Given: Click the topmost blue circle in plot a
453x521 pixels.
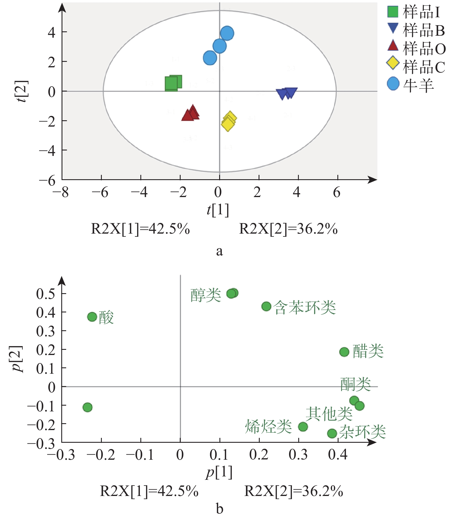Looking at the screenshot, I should (x=227, y=33).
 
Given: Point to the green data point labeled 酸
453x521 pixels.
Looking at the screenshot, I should (x=92, y=317).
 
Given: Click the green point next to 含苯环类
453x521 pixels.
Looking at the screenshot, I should (x=266, y=306).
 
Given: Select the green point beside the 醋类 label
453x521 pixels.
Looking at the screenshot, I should (x=344, y=352).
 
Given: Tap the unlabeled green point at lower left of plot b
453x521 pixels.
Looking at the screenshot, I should (x=87, y=407).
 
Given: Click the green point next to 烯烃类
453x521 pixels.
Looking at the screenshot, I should (x=303, y=427).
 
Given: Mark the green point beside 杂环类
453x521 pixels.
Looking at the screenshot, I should (x=332, y=433).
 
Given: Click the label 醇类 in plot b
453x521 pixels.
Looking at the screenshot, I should (x=206, y=295).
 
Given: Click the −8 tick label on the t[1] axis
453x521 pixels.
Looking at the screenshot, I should (x=61, y=192).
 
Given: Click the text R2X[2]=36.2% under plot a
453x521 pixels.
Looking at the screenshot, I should (x=288, y=229).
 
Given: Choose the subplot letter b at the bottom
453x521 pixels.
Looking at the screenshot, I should (x=219, y=509).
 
